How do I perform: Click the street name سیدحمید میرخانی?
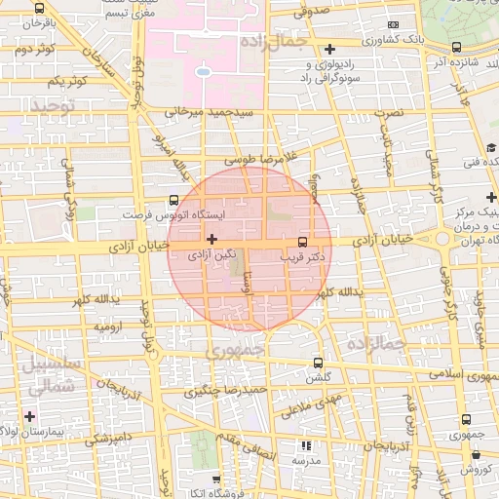[201, 112]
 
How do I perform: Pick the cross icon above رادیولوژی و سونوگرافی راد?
[329, 48]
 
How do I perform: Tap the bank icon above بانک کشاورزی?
[393, 24]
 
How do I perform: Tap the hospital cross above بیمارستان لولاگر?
[30, 416]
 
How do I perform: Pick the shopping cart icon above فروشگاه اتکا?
[212, 481]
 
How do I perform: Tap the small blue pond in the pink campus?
[202, 71]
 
